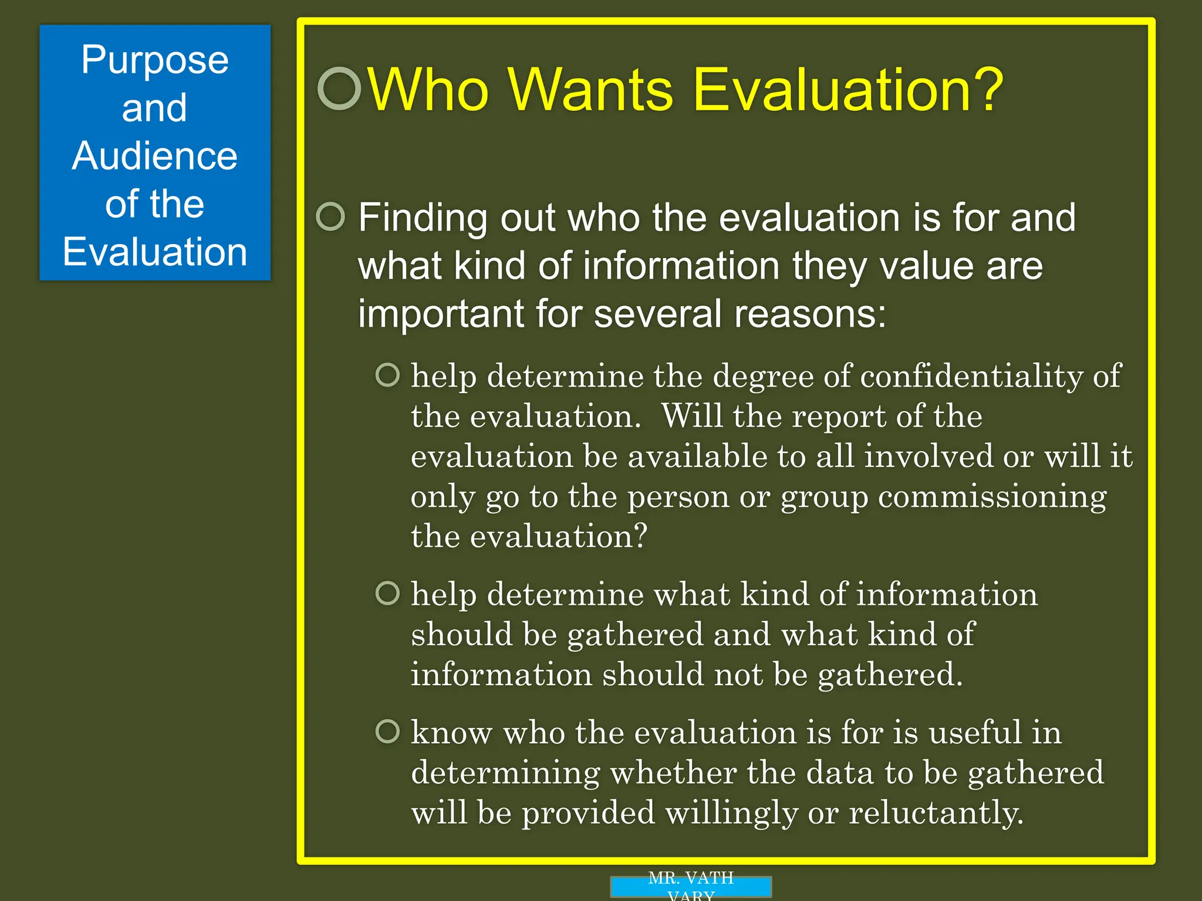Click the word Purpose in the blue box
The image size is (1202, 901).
click(154, 60)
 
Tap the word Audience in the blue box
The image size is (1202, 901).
click(154, 156)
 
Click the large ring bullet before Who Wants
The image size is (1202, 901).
click(339, 89)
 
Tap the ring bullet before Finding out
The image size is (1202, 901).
click(330, 217)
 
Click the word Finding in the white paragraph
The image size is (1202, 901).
click(422, 218)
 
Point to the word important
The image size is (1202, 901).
click(440, 314)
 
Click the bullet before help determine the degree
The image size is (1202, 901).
click(387, 375)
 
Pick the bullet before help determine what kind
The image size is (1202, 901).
click(387, 593)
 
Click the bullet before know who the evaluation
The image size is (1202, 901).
click(387, 731)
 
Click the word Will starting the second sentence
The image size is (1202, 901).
click(692, 416)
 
